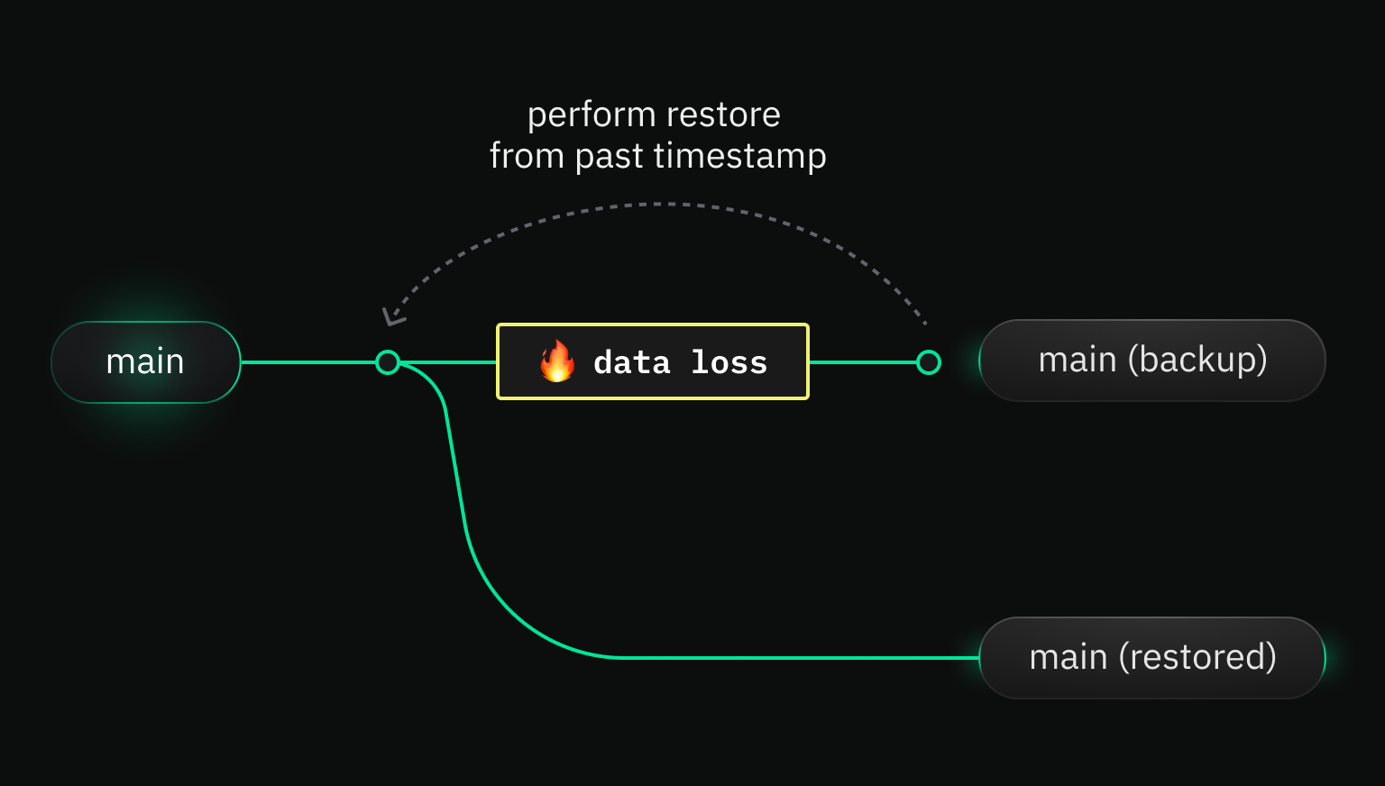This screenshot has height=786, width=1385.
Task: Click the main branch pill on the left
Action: click(145, 361)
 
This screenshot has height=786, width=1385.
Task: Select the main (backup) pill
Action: click(1151, 361)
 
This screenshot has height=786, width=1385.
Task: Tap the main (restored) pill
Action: click(1151, 657)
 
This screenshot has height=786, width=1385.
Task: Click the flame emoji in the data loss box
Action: click(557, 361)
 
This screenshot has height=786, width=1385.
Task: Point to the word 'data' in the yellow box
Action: click(632, 362)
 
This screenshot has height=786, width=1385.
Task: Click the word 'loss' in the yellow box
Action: click(729, 362)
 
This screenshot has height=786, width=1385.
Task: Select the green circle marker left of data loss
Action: click(388, 362)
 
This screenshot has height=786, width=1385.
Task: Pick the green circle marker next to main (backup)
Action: click(929, 362)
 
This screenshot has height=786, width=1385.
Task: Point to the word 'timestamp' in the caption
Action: click(739, 157)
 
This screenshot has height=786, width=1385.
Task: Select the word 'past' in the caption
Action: click(610, 157)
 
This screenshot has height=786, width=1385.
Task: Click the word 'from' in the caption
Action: click(527, 157)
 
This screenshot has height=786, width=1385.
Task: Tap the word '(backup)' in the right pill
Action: click(1197, 361)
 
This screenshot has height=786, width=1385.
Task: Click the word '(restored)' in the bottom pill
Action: click(1197, 657)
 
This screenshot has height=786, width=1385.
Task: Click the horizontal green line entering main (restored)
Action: click(812, 658)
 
